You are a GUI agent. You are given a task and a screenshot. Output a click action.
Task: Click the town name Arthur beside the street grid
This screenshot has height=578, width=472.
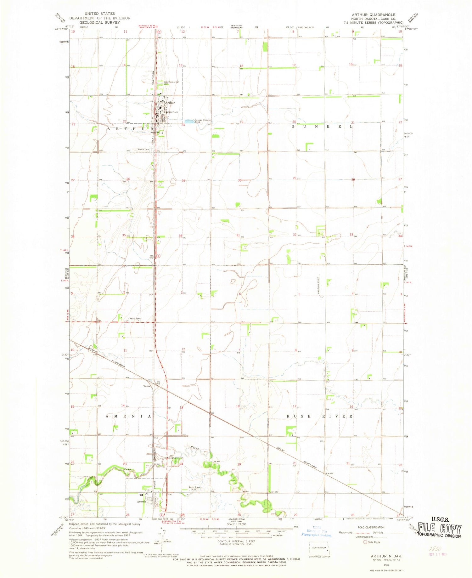point(170,103)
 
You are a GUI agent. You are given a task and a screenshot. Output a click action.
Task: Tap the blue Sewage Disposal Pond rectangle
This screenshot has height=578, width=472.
point(189,121)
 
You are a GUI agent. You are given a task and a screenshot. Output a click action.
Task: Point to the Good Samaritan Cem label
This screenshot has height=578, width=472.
point(171,82)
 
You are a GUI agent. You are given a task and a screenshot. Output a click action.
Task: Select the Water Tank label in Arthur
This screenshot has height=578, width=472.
point(172,112)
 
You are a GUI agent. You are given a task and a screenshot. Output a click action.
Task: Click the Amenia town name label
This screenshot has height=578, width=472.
point(141,501)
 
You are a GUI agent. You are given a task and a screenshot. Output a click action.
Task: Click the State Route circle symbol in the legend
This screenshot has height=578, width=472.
point(365,542)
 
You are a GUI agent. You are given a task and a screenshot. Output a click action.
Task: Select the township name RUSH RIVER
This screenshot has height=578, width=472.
point(320,416)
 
